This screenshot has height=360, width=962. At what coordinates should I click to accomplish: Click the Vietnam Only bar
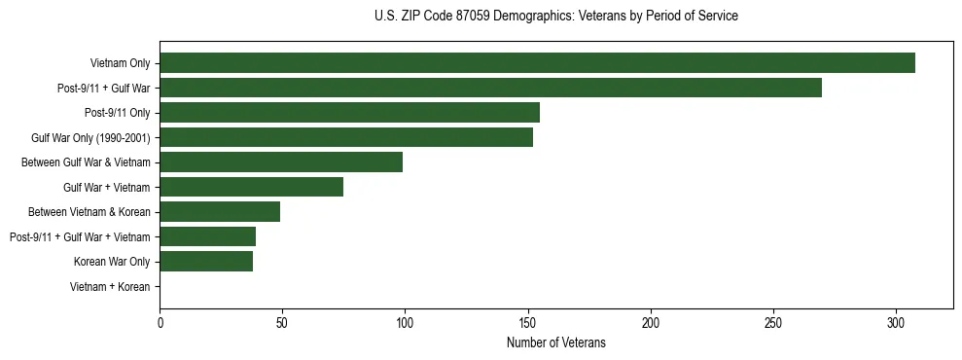point(537,63)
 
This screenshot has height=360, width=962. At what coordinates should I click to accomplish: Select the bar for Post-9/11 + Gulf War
point(490,88)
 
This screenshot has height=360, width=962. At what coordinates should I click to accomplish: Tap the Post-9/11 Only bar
point(349,113)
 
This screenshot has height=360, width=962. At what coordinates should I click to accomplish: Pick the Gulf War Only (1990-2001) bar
point(346,137)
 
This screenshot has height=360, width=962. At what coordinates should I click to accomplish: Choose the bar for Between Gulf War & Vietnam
point(281,162)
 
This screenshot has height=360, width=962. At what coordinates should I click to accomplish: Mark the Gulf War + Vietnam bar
point(251,187)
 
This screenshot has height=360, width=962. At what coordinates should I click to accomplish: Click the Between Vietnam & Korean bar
point(220,212)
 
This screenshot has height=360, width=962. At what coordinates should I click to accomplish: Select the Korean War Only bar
point(206,262)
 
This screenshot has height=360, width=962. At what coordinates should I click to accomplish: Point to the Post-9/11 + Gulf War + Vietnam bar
point(207,236)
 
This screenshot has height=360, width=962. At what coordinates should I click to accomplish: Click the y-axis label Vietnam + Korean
point(110,287)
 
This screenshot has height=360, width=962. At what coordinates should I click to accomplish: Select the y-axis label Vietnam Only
point(120,63)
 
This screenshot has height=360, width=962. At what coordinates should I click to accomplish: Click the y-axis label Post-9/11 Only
point(118,113)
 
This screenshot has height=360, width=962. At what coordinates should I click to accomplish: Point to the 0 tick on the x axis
point(160,322)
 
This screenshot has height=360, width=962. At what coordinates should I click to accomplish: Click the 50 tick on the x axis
point(282,322)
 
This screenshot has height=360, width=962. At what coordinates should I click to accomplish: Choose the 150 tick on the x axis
point(528,322)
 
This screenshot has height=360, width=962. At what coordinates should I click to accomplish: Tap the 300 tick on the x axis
point(896,322)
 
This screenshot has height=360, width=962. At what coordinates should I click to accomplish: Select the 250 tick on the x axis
point(773,322)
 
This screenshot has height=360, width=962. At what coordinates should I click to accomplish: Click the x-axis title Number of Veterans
point(555,342)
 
